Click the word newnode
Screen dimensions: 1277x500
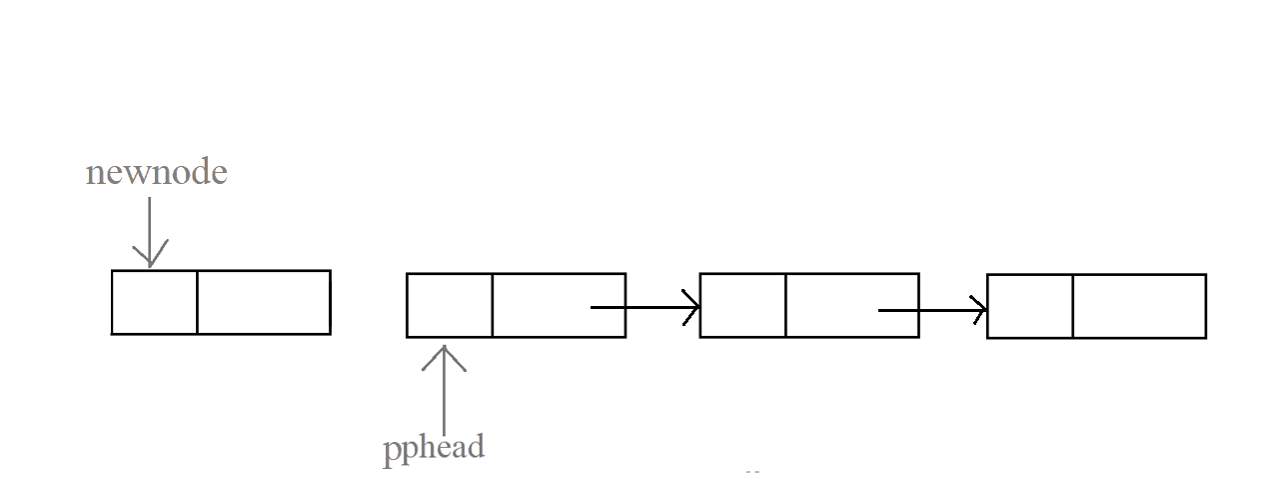click(x=157, y=173)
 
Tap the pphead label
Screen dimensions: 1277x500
click(x=434, y=447)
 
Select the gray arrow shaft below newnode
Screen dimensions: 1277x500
click(x=150, y=225)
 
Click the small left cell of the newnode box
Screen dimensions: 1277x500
click(x=154, y=302)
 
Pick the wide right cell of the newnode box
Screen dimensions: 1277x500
click(x=264, y=302)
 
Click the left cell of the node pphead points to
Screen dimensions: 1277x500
click(x=450, y=305)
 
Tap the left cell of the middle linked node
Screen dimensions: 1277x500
click(x=742, y=306)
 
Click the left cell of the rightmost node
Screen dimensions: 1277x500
click(x=1029, y=306)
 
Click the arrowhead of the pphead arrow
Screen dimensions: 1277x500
click(x=444, y=354)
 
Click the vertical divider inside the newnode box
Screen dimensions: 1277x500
click(x=197, y=302)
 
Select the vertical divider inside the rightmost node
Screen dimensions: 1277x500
click(x=1072, y=306)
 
